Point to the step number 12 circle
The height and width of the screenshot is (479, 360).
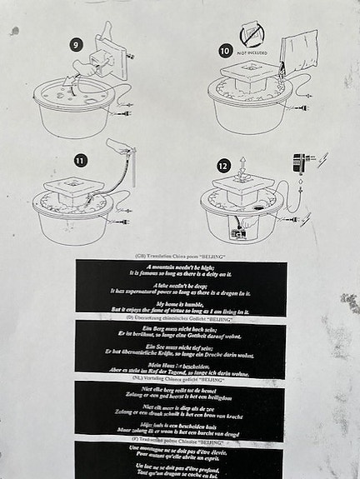(223, 166)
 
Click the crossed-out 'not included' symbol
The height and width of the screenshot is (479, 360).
(252, 35)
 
